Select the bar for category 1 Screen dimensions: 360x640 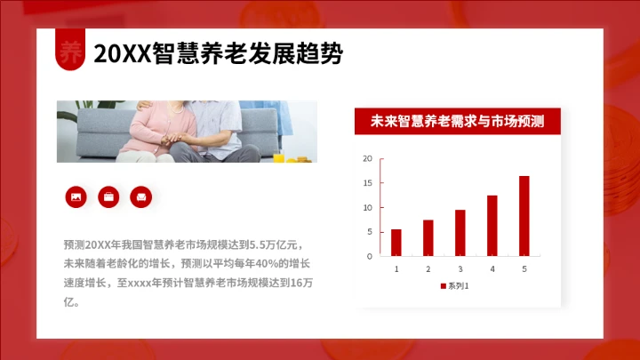[396, 243]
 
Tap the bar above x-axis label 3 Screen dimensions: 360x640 [460, 233]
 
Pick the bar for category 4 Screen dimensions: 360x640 [492, 226]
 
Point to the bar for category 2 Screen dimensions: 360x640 [428, 237]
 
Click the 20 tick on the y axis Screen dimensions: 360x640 [368, 159]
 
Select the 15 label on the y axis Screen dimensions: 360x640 [368, 183]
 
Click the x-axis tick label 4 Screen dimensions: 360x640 [492, 268]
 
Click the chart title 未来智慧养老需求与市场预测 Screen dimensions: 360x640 [457, 121]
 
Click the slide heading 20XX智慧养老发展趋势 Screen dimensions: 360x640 [219, 54]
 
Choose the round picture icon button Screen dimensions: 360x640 [76, 196]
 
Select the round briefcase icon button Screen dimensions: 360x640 [108, 196]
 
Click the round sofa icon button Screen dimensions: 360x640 [141, 196]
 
